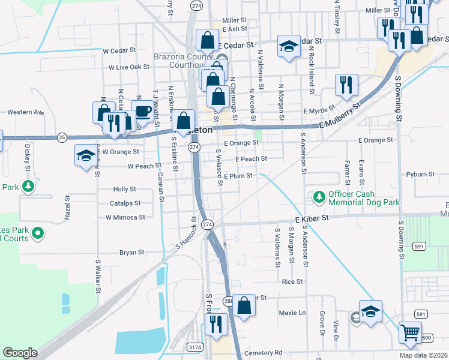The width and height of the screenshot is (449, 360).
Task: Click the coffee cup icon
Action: (x=142, y=112)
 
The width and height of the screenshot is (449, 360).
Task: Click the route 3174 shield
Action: (x=194, y=347)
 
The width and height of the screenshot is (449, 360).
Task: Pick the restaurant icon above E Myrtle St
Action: (x=346, y=85)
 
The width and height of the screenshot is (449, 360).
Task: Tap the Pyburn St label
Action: (x=420, y=174)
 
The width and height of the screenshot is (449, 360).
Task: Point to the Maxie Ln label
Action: (x=292, y=313)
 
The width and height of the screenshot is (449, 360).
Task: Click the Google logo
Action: (x=20, y=353)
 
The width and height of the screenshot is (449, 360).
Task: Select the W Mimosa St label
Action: (x=125, y=217)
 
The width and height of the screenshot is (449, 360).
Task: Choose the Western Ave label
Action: (x=26, y=112)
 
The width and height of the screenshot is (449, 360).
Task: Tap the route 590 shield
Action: (x=426, y=338)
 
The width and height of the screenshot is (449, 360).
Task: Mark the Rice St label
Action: (x=292, y=281)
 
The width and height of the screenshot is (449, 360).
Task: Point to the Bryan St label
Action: (x=131, y=253)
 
